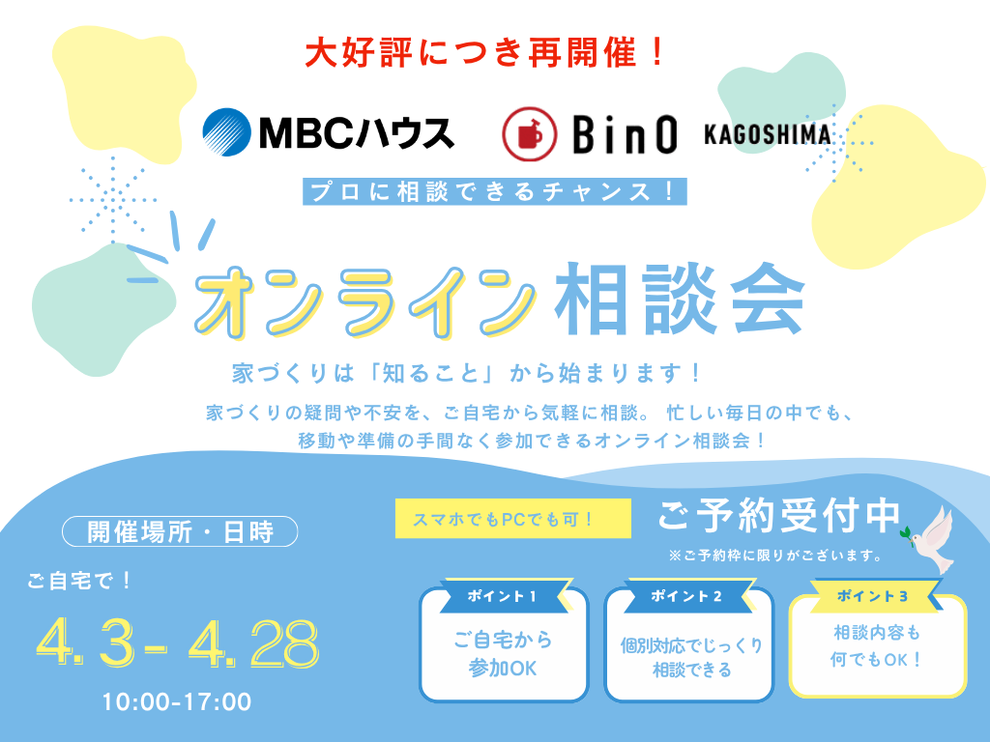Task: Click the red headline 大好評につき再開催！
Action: click(485, 51)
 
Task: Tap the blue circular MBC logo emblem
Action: click(226, 131)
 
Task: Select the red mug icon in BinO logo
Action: click(528, 134)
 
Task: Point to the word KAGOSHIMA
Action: click(767, 134)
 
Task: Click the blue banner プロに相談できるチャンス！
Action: click(494, 190)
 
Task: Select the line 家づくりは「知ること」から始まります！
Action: click(467, 372)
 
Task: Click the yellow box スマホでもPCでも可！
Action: click(503, 519)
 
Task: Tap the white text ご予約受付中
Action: click(779, 517)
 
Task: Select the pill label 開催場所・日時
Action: click(180, 531)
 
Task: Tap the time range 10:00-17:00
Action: click(177, 701)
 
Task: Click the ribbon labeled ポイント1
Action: click(502, 596)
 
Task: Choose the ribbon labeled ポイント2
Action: click(687, 596)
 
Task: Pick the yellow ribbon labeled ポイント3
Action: click(876, 595)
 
